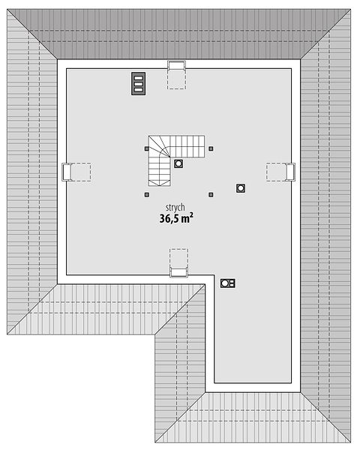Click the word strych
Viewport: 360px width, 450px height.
coord(175,208)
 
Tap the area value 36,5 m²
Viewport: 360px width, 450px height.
coord(176,218)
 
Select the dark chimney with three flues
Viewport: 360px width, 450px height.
coord(138,83)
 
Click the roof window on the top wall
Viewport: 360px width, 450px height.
coord(176,65)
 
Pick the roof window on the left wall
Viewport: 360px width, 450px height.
coord(67,172)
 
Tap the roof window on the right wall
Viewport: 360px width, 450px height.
coord(290,172)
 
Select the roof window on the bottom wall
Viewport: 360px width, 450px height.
coord(178,272)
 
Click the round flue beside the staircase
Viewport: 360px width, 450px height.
coord(178,163)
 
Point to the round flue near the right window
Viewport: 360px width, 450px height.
coord(241,188)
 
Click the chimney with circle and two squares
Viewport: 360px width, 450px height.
coord(228,283)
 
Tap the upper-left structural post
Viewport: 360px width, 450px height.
coord(147,148)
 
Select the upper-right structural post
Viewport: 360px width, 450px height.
coord(211,148)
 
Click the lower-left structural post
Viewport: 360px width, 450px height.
coord(147,195)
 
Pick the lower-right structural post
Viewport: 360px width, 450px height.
coord(211,195)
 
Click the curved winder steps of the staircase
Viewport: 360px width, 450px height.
coord(159,146)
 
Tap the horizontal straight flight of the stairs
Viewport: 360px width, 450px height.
coord(187,146)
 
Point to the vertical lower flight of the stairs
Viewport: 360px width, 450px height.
coord(159,172)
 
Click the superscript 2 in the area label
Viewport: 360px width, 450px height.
coord(191,215)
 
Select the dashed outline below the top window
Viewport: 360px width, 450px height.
coord(176,79)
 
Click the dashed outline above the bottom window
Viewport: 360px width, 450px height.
coord(178,258)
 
